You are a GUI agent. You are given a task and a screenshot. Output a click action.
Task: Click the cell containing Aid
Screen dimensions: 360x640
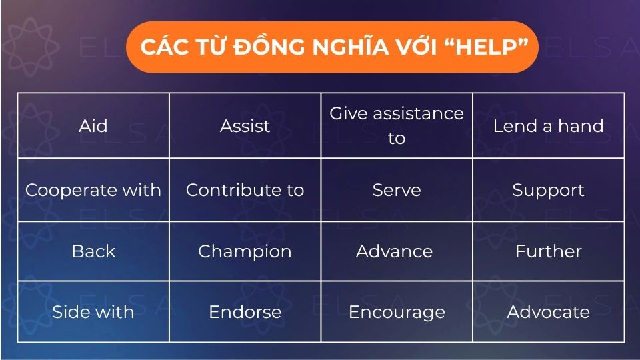[93, 126]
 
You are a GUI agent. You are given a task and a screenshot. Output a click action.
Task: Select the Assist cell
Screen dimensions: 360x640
[245, 126]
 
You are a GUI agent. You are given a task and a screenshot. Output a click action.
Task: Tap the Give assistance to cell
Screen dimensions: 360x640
[397, 126]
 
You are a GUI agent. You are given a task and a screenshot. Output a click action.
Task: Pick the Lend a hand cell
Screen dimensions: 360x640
[548, 126]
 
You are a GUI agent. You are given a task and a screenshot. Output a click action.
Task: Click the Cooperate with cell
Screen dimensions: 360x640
[93, 190]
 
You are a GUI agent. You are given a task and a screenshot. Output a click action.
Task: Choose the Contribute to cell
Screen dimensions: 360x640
[245, 190]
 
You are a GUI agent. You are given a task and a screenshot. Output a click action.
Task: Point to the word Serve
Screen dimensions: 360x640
[397, 190]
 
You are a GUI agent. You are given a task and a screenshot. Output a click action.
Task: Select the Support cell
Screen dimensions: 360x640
[548, 190]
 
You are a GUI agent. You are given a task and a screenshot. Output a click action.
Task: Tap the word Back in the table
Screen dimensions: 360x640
[93, 251]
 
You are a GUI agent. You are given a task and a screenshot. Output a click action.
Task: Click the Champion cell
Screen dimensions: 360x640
[245, 251]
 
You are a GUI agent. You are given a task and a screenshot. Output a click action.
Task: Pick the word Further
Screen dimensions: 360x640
[548, 251]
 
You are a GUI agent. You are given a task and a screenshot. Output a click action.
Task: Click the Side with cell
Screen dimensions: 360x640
[93, 312]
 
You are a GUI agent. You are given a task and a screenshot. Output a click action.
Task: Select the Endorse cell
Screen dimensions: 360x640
[245, 312]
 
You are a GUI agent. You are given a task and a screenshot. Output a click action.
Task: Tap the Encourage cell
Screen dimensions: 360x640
[397, 312]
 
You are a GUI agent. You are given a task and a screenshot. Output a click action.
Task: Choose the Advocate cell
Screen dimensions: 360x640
[548, 312]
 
